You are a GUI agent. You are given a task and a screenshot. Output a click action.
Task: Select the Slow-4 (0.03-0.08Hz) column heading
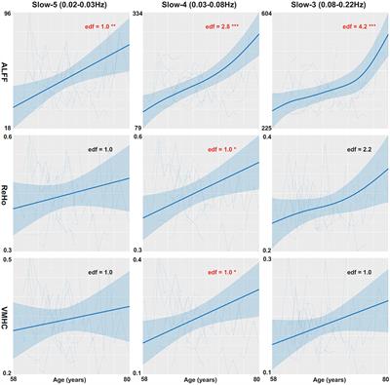[202, 7]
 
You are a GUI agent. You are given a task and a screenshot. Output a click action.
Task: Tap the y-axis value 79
[137, 128]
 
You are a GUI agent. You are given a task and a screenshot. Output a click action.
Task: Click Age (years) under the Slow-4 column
[202, 378]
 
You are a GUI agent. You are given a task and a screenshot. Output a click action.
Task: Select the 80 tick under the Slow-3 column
[382, 378]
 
